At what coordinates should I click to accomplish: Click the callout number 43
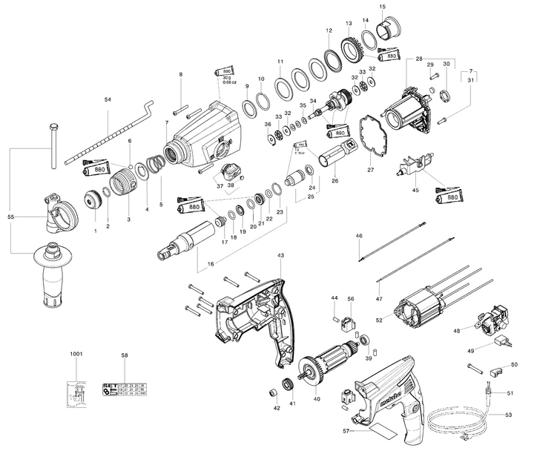tap(280, 255)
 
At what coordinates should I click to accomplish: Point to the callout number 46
tap(359, 235)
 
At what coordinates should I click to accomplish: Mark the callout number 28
tap(419, 59)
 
